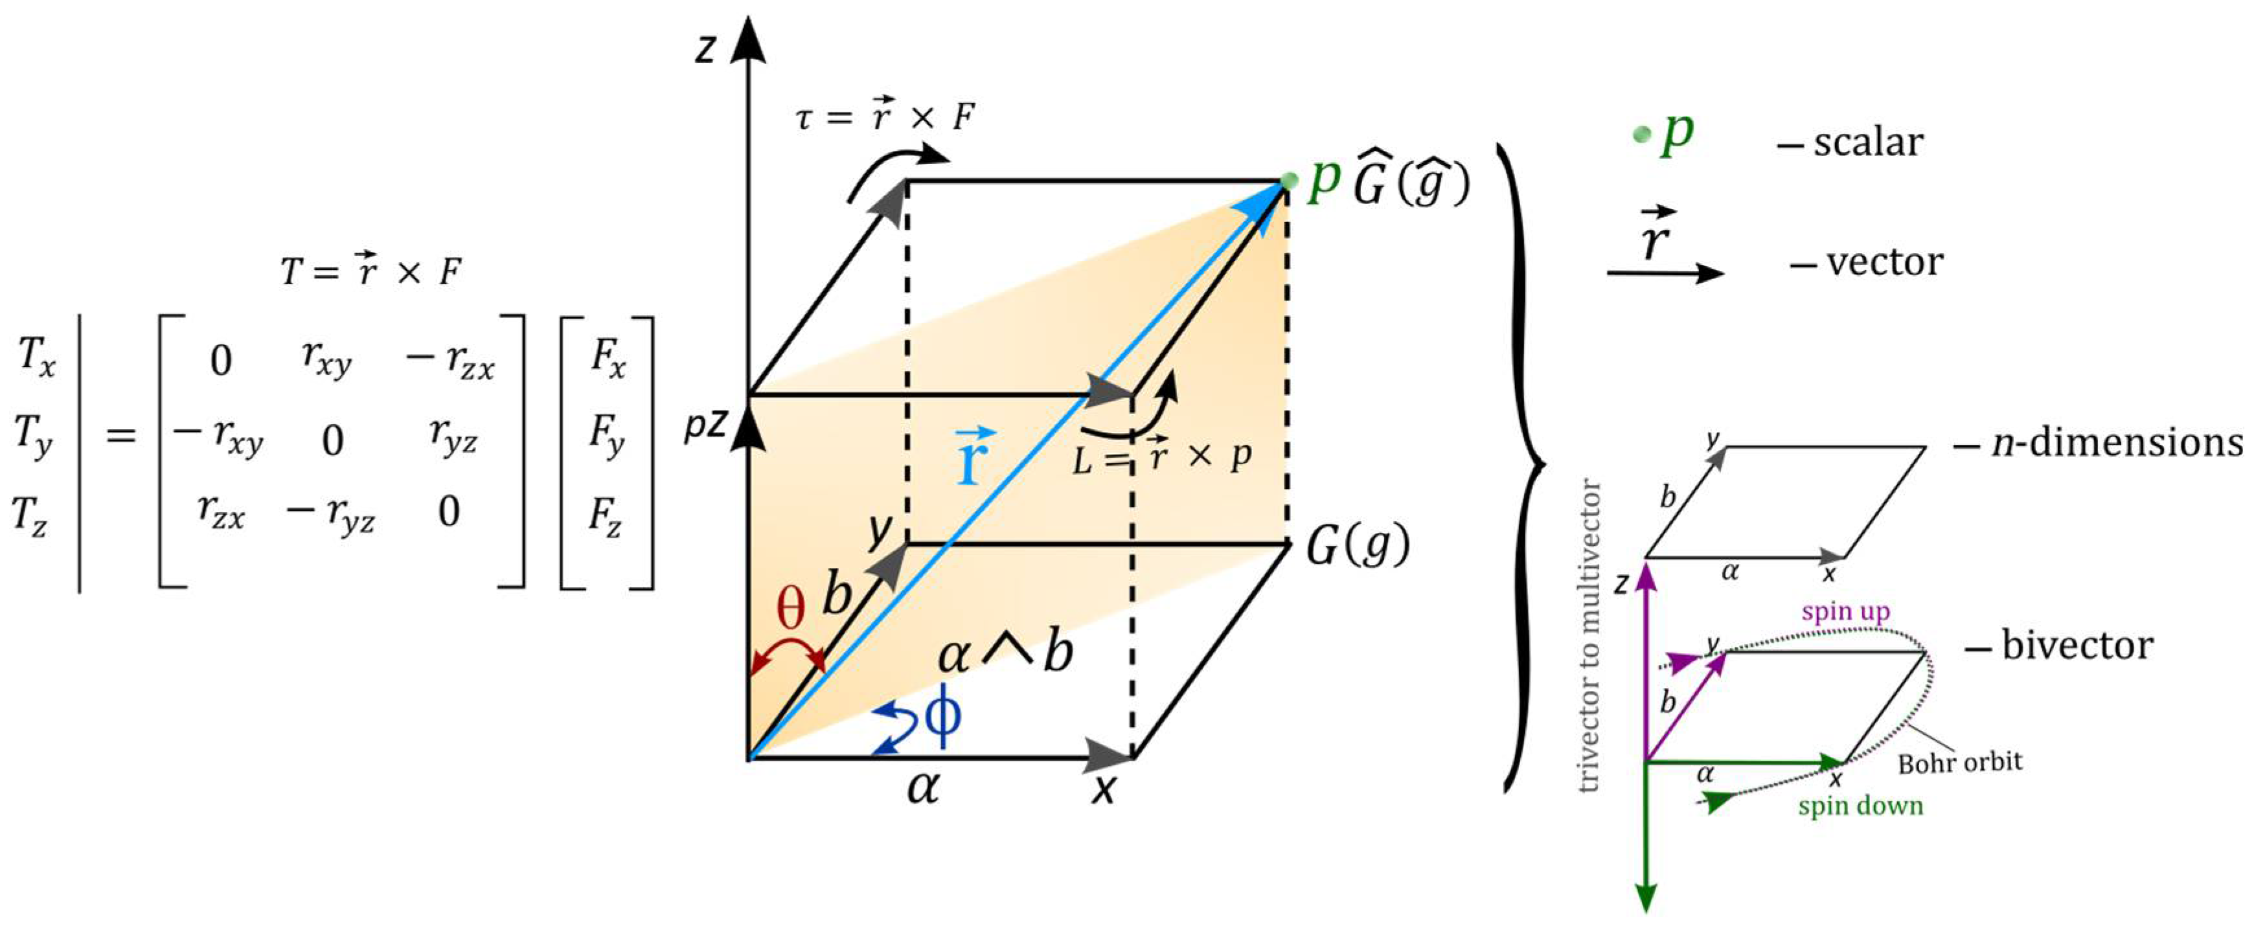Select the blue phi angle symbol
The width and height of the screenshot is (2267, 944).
tap(944, 714)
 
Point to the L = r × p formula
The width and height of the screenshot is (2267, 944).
tap(1161, 456)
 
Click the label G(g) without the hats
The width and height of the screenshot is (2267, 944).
tap(1357, 546)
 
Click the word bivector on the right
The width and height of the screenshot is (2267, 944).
tap(2077, 646)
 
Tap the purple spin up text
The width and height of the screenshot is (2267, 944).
tap(1845, 611)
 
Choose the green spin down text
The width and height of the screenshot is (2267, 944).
tap(1860, 806)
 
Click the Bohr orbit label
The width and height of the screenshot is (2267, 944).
tap(1959, 763)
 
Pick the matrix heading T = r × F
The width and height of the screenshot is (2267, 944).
tap(370, 271)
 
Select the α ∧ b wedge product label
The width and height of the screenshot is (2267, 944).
tap(1005, 653)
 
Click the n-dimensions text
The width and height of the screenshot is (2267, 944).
tap(2117, 442)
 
